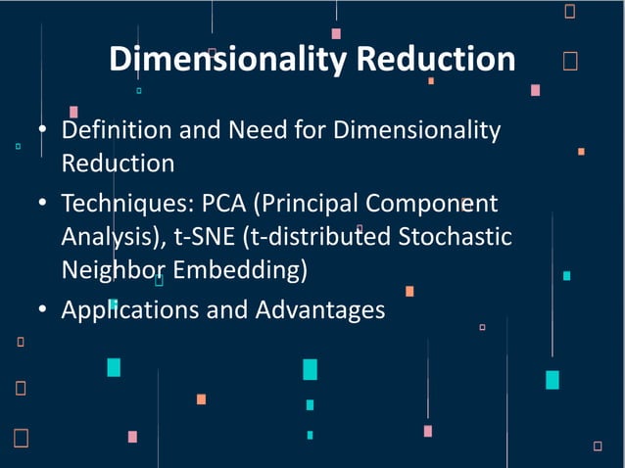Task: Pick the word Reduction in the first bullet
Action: [x=118, y=163]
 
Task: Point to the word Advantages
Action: [x=320, y=310]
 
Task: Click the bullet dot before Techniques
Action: [x=43, y=205]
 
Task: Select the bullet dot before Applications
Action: [x=43, y=310]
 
